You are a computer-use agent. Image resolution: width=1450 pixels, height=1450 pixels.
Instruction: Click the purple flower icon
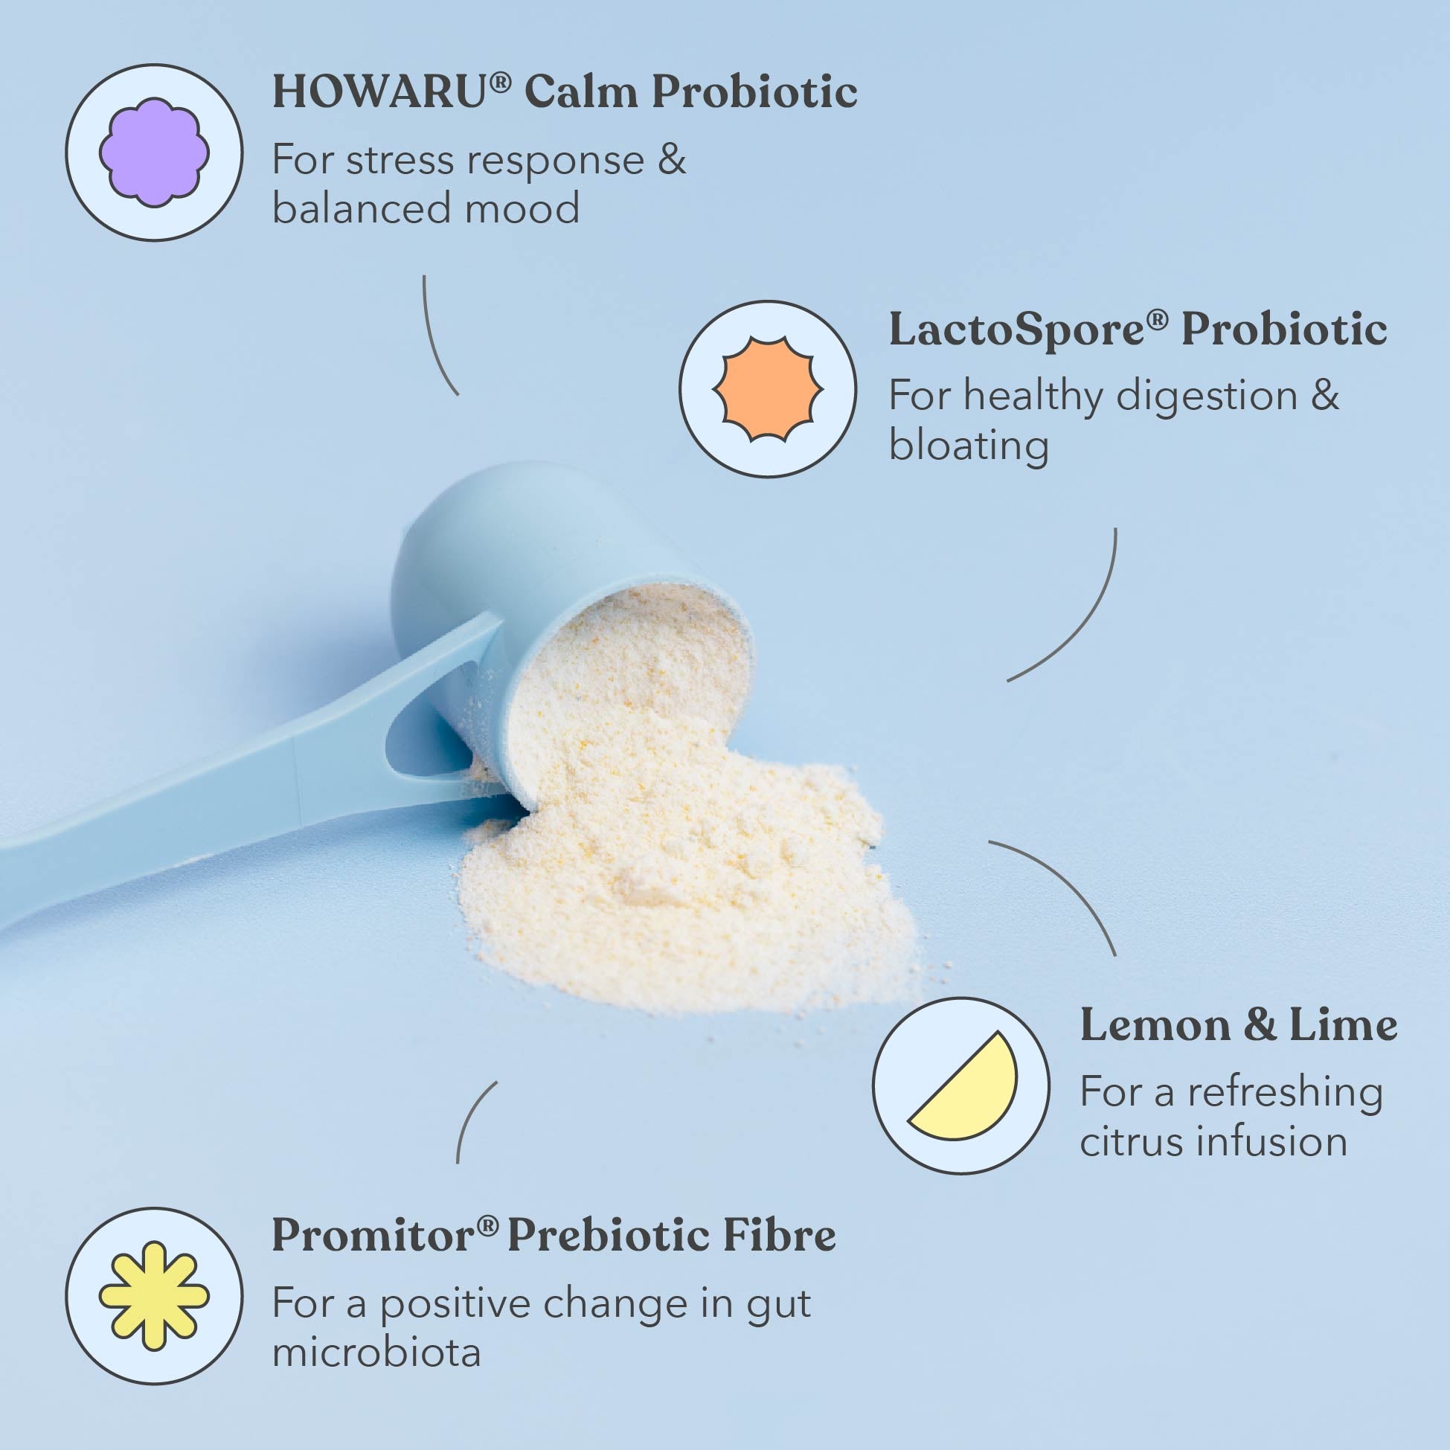click(154, 153)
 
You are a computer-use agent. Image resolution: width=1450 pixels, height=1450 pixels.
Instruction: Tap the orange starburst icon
click(768, 389)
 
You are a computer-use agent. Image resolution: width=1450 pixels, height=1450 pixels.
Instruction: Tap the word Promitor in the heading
click(373, 1236)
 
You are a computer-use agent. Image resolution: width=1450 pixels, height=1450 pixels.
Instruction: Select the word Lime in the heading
click(1344, 1025)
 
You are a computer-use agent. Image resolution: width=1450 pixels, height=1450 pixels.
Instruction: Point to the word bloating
click(968, 446)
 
